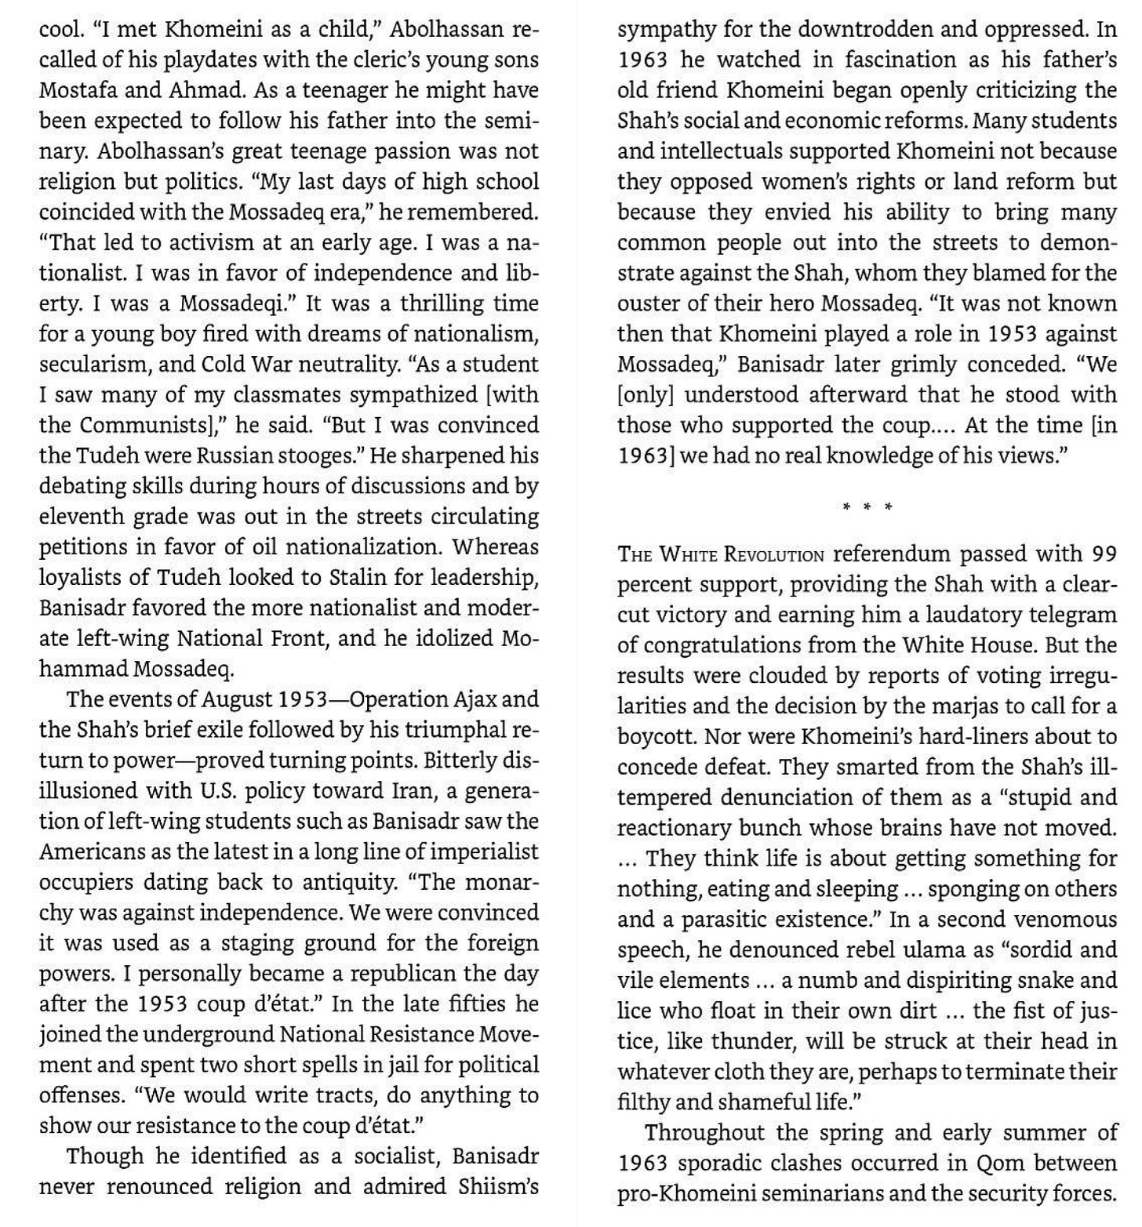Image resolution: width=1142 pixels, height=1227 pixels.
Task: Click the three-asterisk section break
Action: click(x=867, y=507)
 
